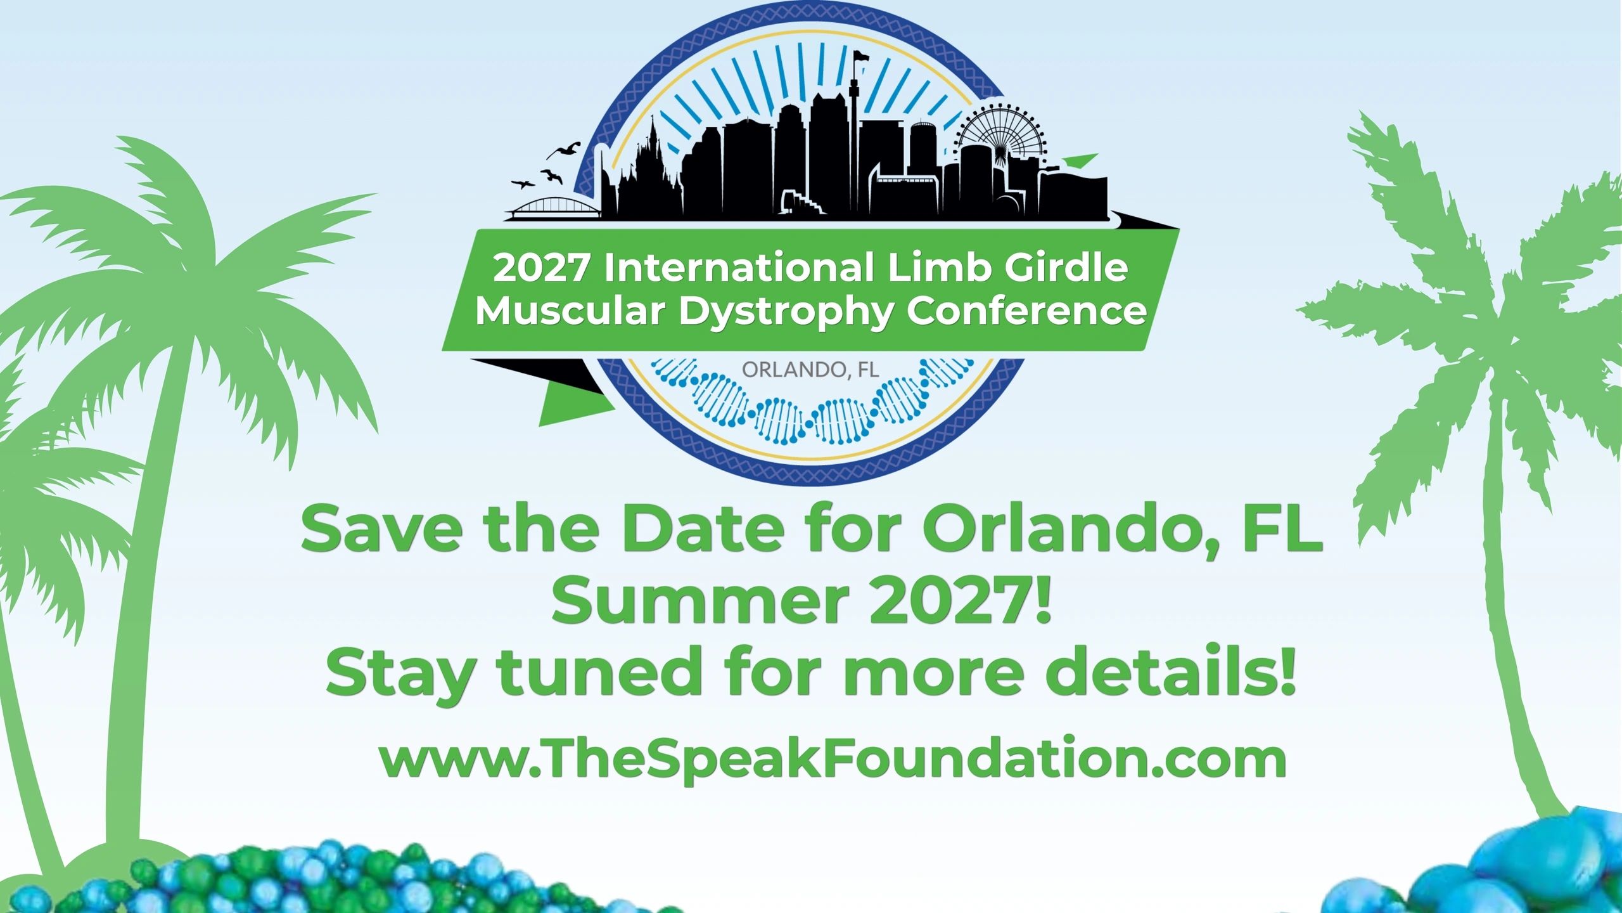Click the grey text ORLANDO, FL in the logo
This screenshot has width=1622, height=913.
pyautogui.click(x=810, y=369)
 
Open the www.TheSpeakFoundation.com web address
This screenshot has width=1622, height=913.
pyautogui.click(x=833, y=759)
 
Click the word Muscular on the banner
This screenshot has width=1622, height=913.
pyautogui.click(x=571, y=311)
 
